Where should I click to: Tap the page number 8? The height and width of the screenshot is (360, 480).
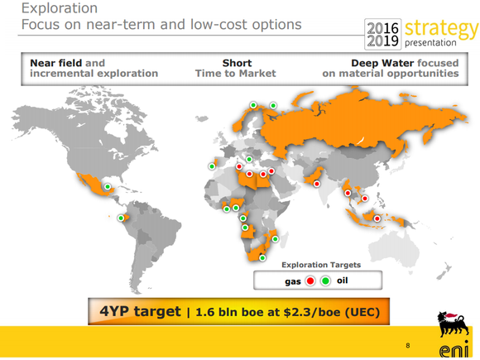point(407,344)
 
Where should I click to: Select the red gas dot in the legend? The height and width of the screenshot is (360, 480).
point(310,281)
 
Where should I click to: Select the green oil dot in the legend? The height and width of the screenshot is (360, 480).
point(325,281)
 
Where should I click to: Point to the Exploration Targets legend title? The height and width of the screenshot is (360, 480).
point(321,265)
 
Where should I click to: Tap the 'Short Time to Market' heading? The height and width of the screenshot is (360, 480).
point(236,68)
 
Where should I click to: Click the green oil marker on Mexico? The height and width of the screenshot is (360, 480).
point(108,187)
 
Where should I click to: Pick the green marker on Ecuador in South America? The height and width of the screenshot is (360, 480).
point(121,218)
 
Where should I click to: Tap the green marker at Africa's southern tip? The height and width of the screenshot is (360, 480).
point(262,257)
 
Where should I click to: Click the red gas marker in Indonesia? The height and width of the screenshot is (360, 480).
point(377,218)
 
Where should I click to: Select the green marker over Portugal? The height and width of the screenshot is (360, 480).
point(211,166)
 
